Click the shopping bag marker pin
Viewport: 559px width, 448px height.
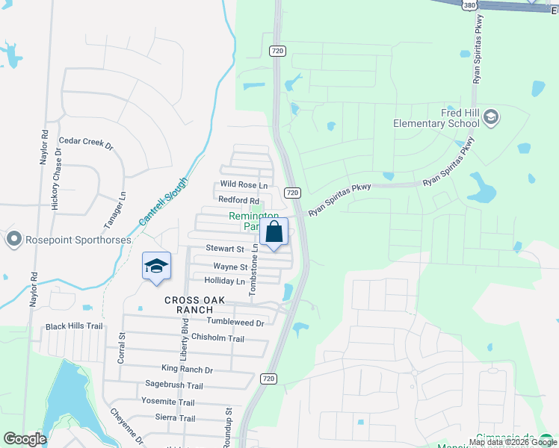(274, 234)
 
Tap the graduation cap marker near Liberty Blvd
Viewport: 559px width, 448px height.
(157, 267)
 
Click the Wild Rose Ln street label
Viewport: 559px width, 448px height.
(244, 184)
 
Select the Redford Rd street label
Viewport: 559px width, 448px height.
(238, 200)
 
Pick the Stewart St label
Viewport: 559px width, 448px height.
(225, 249)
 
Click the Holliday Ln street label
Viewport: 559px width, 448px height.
(224, 281)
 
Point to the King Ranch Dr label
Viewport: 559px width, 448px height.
(187, 369)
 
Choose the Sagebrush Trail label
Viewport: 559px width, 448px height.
(173, 385)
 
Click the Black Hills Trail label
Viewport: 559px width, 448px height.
(73, 326)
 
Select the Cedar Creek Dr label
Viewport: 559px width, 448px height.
(85, 141)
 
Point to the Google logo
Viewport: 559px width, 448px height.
(25, 439)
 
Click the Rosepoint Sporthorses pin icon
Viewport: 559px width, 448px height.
(13, 240)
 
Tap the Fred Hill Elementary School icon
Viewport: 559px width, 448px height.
(491, 116)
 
